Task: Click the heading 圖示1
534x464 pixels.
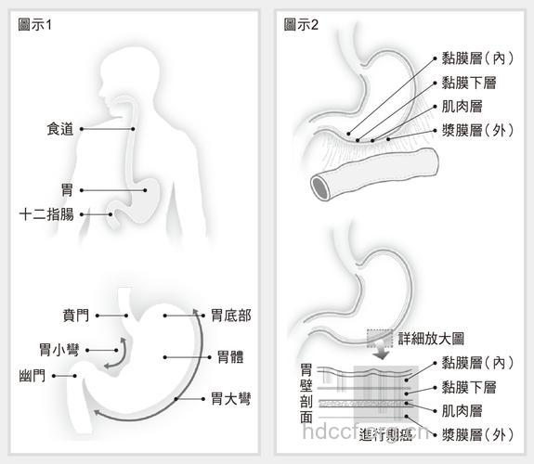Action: pyautogui.click(x=35, y=25)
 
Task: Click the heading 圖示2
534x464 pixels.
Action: pyautogui.click(x=301, y=25)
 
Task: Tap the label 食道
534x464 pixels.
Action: pyautogui.click(x=59, y=129)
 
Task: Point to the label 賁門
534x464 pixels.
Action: pyautogui.click(x=76, y=316)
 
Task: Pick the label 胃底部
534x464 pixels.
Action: pyautogui.click(x=230, y=316)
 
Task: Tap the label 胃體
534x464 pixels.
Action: pyautogui.click(x=230, y=356)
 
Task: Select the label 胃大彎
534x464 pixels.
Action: pyautogui.click(x=230, y=399)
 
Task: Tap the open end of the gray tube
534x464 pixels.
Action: pyautogui.click(x=322, y=186)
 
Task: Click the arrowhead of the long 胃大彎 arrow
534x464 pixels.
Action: pyautogui.click(x=194, y=310)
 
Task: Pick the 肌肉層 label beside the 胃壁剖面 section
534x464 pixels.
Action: pyautogui.click(x=461, y=409)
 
